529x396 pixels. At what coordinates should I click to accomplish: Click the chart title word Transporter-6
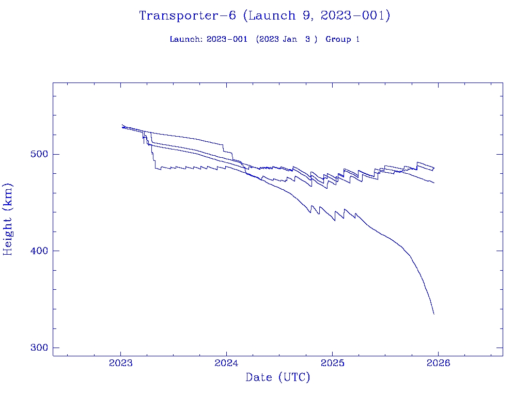tap(188, 16)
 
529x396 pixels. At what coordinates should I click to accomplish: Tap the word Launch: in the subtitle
tap(186, 40)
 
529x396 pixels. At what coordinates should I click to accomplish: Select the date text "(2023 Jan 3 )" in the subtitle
tap(287, 40)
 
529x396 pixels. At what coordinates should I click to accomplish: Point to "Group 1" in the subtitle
tap(343, 40)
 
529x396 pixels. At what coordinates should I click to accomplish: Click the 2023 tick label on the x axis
tap(120, 362)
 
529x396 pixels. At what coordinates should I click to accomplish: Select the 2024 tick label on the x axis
tap(226, 362)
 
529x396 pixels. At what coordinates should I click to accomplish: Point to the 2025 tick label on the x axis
tap(332, 362)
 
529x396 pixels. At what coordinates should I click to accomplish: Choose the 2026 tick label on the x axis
tap(438, 362)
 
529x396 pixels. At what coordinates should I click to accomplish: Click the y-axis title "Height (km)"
tap(8, 219)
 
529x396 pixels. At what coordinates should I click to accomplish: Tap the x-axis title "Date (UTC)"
tap(278, 378)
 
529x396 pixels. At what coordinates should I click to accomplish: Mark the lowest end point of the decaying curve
tap(434, 314)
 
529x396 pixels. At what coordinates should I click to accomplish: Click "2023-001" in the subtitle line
tap(224, 40)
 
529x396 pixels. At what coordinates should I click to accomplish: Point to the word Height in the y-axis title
tap(8, 233)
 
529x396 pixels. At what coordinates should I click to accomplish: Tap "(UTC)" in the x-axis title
tap(294, 378)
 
